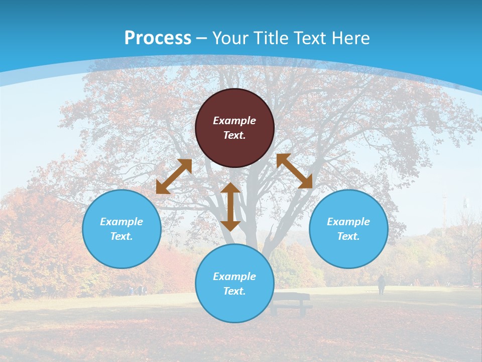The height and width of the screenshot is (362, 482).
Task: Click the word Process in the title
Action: tap(158, 38)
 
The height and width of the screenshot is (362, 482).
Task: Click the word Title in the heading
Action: tap(271, 38)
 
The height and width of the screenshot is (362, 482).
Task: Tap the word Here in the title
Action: tap(351, 38)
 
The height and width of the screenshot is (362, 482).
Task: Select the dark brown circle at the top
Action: tap(234, 128)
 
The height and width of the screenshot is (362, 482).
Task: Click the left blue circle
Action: tap(122, 229)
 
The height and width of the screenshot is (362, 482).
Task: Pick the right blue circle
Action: tap(348, 229)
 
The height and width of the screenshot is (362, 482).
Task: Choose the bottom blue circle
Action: tap(234, 284)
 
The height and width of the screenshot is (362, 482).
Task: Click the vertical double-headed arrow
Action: tap(230, 207)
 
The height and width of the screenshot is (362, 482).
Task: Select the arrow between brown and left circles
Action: tap(174, 176)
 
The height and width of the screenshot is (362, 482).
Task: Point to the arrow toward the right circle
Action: tap(295, 171)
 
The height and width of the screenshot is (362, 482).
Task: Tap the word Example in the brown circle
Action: tap(234, 121)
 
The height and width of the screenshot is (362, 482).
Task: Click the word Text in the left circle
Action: tap(122, 236)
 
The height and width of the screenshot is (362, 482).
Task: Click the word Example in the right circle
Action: tap(348, 222)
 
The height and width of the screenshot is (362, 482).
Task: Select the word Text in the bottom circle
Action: tap(234, 291)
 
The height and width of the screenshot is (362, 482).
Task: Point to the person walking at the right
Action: tap(382, 285)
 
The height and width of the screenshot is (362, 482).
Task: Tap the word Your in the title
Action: tap(229, 38)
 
